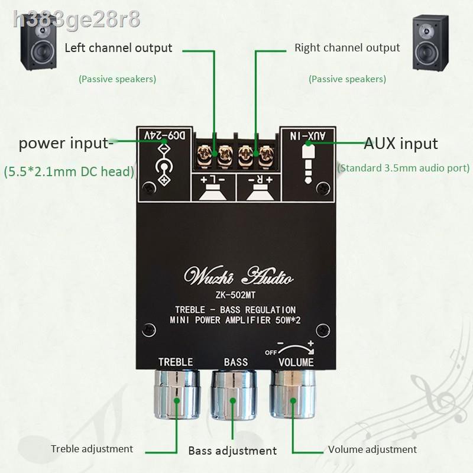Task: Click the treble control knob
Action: (x=176, y=394)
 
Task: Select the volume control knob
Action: (x=293, y=394)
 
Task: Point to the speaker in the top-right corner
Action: (x=430, y=43)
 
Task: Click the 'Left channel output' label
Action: (x=118, y=48)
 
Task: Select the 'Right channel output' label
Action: (x=347, y=48)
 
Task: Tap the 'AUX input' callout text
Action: (x=401, y=143)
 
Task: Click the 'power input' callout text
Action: (x=66, y=144)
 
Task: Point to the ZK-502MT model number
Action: (x=235, y=294)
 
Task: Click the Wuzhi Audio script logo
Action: (x=238, y=276)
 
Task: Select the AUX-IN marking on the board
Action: (x=307, y=136)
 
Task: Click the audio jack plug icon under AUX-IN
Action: (x=307, y=163)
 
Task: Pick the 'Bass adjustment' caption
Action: (x=232, y=451)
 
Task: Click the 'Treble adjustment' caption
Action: (x=92, y=449)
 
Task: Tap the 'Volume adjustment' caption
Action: (x=372, y=449)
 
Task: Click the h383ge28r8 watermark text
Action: (x=77, y=20)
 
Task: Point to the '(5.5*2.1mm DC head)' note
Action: (x=69, y=171)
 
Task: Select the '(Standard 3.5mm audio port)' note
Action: (x=404, y=168)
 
